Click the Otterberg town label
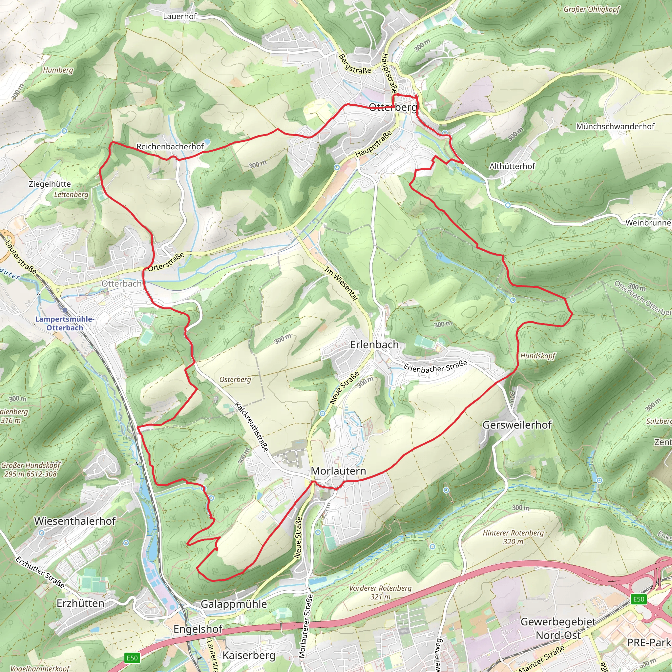393,107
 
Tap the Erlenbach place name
374,345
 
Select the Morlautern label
338,471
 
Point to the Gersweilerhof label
517,425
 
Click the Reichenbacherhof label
170,146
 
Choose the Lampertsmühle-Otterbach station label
65,323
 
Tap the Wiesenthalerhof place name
75,521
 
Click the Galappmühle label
234,604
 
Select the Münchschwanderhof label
615,127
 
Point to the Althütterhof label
512,166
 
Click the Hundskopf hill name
537,355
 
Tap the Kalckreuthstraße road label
251,427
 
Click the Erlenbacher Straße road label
435,367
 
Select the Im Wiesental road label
341,283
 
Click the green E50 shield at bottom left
132,658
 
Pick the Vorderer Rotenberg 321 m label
380,592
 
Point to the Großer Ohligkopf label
591,10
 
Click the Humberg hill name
58,70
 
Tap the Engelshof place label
198,629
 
